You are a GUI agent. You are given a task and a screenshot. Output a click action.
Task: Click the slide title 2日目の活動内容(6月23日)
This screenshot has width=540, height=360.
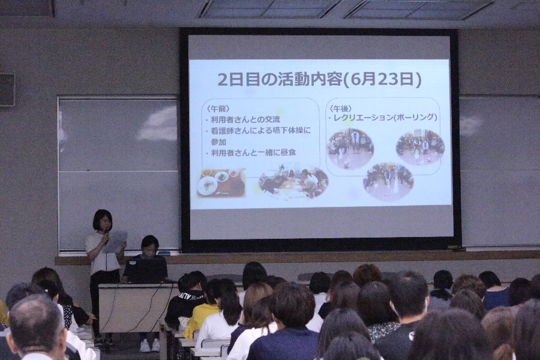[x=319, y=80]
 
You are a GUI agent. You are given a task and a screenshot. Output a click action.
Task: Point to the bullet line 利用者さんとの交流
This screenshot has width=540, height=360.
[x=242, y=119]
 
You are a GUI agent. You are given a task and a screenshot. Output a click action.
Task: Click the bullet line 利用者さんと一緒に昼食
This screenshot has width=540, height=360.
[x=250, y=152]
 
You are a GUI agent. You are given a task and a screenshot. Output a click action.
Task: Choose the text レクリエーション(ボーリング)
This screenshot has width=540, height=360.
[x=383, y=118]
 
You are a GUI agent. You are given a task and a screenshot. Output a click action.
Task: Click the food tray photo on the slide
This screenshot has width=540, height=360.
[x=221, y=182]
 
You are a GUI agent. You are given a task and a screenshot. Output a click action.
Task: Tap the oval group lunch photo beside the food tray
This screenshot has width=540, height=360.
[x=293, y=183]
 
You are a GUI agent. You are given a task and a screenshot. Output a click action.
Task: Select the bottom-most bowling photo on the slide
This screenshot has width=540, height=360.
[x=388, y=182]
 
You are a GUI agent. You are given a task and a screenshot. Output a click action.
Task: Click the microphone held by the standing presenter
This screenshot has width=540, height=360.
[x=107, y=236]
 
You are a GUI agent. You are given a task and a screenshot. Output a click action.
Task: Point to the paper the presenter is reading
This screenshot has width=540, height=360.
[x=116, y=241]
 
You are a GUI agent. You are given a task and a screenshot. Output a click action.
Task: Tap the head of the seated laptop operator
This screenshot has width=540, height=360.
[x=150, y=245]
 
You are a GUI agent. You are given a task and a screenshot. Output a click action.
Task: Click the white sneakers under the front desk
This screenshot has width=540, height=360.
[x=149, y=345]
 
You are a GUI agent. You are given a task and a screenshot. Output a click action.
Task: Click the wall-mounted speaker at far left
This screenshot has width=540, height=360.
[x=7, y=89]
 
